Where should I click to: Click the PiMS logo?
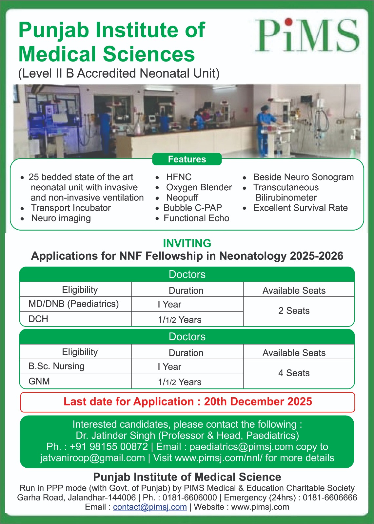click(x=307, y=35)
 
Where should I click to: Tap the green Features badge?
click(x=187, y=159)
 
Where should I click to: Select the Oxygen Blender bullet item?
click(x=199, y=187)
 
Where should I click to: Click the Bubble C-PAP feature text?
click(x=193, y=208)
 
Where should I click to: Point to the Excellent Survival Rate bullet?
click(x=300, y=208)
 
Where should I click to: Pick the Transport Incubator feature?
click(x=71, y=208)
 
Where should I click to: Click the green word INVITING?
click(x=187, y=243)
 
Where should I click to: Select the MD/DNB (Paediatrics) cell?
click(x=74, y=304)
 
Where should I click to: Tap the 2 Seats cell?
click(x=294, y=311)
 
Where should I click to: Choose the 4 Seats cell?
click(x=294, y=373)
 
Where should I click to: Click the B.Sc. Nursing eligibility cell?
click(x=56, y=366)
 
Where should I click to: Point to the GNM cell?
click(x=39, y=381)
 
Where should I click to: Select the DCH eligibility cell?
click(x=38, y=319)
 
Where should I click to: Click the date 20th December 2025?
click(x=258, y=402)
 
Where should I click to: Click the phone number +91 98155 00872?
click(x=109, y=447)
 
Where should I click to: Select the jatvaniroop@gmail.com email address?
click(x=92, y=458)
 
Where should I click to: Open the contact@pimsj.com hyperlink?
click(x=150, y=507)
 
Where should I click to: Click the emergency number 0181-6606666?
click(x=330, y=498)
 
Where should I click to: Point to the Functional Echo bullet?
click(x=196, y=218)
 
